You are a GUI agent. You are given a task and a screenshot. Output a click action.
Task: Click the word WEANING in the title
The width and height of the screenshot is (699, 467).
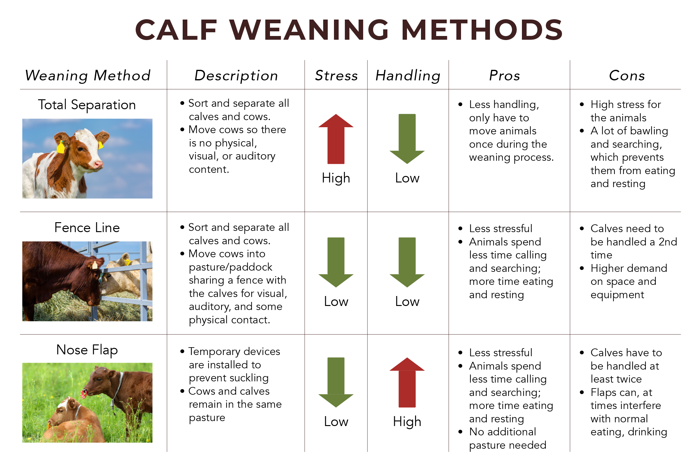pyautogui.click(x=309, y=30)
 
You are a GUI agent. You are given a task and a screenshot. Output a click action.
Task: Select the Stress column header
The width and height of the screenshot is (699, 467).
pyautogui.click(x=336, y=75)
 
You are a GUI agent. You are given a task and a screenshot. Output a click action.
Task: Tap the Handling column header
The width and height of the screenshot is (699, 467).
pyautogui.click(x=408, y=76)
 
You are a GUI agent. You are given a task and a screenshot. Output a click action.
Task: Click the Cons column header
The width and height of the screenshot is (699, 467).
pyautogui.click(x=627, y=75)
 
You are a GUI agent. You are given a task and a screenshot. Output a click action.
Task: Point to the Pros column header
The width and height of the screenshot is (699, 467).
pyautogui.click(x=505, y=75)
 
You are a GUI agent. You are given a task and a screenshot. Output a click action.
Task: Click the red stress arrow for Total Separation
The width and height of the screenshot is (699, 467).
pyautogui.click(x=336, y=139)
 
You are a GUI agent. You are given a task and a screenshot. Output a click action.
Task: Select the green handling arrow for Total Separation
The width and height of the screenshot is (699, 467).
pyautogui.click(x=407, y=139)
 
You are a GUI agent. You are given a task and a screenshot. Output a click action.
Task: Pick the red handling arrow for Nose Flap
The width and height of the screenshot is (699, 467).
pyautogui.click(x=407, y=382)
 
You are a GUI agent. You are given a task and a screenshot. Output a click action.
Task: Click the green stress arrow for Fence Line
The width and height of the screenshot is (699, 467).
pyautogui.click(x=336, y=262)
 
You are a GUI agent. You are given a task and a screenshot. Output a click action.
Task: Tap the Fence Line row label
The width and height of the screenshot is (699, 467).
pyautogui.click(x=87, y=227)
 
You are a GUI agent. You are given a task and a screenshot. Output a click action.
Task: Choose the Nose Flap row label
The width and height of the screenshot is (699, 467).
pyautogui.click(x=87, y=350)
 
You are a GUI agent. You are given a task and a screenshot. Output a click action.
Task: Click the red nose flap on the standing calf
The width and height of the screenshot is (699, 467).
pyautogui.click(x=84, y=394)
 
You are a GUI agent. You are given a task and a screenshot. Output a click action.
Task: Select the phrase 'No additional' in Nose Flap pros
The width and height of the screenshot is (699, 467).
pyautogui.click(x=503, y=432)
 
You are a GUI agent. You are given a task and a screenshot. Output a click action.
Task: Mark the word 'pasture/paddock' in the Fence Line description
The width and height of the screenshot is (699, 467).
pyautogui.click(x=231, y=267)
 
